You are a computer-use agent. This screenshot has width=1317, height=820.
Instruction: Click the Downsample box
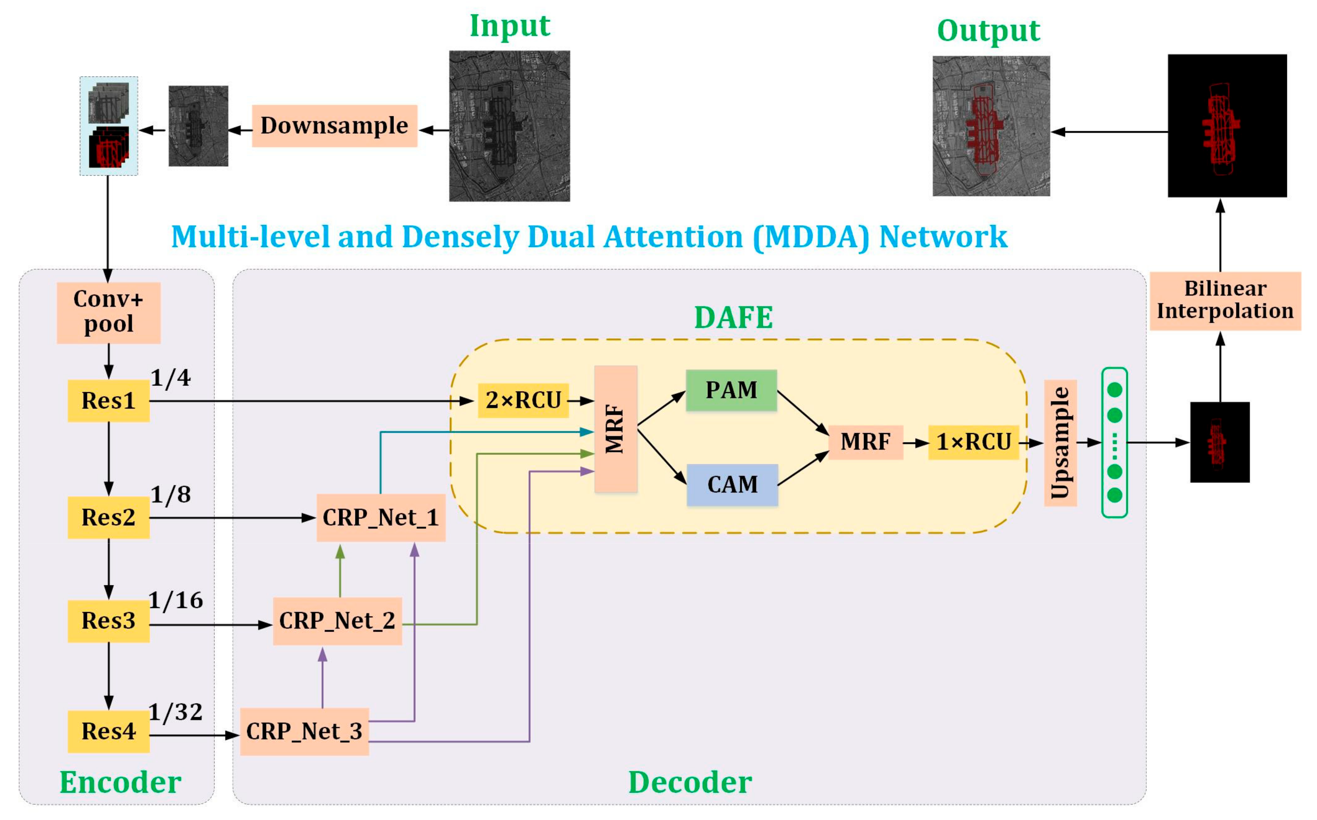tap(334, 126)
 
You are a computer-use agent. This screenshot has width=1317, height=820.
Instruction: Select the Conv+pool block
tap(109, 312)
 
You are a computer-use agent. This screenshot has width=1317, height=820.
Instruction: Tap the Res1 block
tap(109, 401)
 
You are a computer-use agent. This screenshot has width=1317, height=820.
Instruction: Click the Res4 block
tap(109, 731)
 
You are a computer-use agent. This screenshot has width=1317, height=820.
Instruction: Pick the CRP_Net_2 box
tap(337, 621)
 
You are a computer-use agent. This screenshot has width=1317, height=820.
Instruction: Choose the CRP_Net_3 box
tap(304, 732)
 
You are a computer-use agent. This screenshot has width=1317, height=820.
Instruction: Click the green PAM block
tap(731, 390)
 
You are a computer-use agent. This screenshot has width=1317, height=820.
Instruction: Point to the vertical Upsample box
tap(1060, 443)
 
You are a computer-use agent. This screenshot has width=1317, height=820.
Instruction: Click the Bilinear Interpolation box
tap(1225, 300)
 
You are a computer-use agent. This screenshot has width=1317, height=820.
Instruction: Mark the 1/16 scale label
tap(176, 601)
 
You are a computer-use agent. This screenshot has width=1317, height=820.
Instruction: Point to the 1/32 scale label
tap(176, 712)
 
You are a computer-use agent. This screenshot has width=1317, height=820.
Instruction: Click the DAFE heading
tap(733, 318)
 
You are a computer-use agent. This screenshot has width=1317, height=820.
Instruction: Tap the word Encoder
tap(120, 782)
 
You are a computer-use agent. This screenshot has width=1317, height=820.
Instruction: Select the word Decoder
tap(690, 782)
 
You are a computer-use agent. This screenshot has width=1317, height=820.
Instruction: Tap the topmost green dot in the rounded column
tap(1114, 390)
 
